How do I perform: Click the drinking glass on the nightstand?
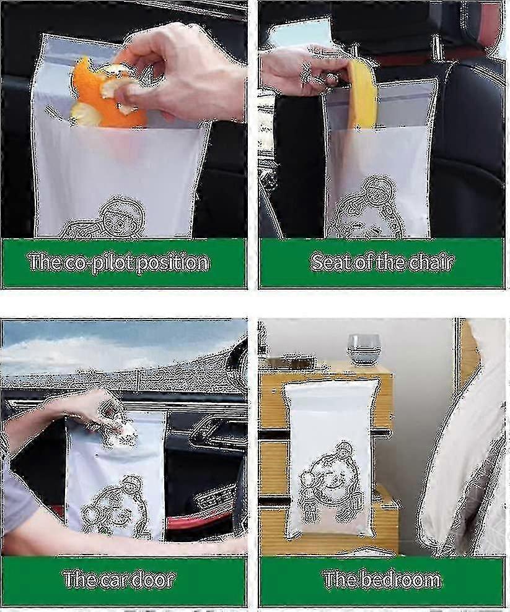pyautogui.click(x=363, y=350)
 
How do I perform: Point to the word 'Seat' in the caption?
pyautogui.click(x=330, y=262)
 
